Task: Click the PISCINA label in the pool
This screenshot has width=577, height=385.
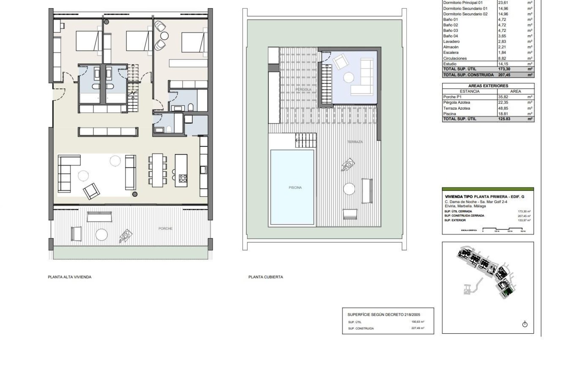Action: [x=295, y=188]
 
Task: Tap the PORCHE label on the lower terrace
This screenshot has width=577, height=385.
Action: [x=165, y=229]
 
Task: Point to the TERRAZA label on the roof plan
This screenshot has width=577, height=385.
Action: [x=355, y=142]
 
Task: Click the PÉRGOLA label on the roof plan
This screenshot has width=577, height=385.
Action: [x=303, y=90]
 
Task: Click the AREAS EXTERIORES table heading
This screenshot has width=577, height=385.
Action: [x=488, y=86]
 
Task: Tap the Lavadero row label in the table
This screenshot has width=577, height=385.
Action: [x=451, y=42]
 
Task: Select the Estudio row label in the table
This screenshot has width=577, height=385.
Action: [x=450, y=64]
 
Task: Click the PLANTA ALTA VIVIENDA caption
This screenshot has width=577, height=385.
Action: [x=69, y=277]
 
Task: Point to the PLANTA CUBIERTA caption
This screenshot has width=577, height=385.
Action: [x=265, y=277]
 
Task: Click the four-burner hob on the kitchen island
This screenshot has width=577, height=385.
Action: [x=183, y=178]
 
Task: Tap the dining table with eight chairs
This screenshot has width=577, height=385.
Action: [x=157, y=170]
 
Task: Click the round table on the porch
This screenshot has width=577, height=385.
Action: [x=101, y=234]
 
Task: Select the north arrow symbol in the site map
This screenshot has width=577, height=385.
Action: [x=525, y=324]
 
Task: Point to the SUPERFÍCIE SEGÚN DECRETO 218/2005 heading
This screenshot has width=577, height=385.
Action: [x=383, y=315]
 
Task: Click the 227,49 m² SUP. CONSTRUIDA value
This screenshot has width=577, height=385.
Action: [x=418, y=328]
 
